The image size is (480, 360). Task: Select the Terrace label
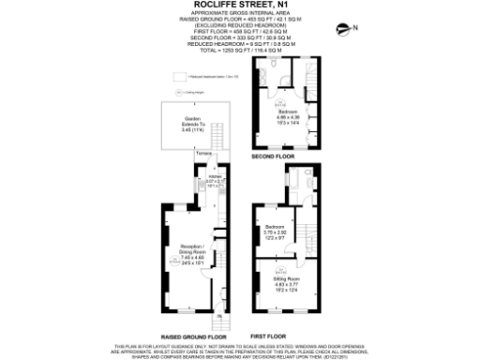tap(204, 151)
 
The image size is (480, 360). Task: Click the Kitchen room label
tap(213, 175)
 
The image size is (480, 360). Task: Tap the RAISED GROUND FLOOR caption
tap(194, 335)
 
